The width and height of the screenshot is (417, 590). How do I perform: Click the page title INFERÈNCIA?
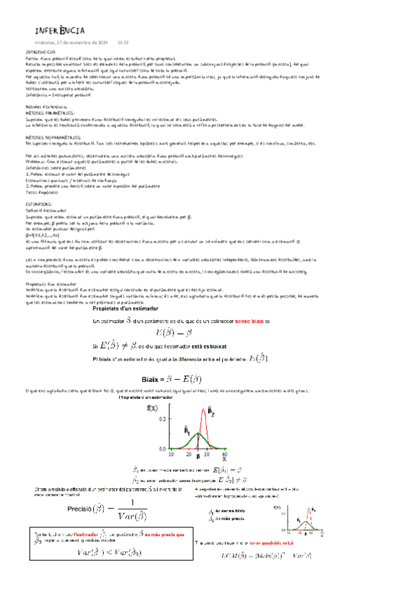(60, 30)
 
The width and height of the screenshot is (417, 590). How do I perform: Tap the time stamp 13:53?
(123, 42)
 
